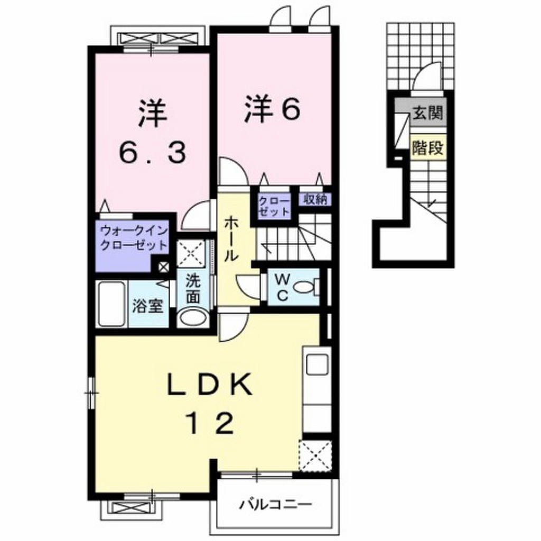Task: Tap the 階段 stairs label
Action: click(427, 148)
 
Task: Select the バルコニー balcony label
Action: click(274, 502)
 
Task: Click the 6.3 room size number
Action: click(152, 153)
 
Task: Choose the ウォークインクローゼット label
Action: click(134, 238)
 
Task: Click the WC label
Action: click(282, 286)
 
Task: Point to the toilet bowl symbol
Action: click(305, 287)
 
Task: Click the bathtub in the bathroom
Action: click(111, 305)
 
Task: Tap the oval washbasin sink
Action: click(192, 318)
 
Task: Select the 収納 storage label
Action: click(316, 199)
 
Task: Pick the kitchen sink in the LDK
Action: click(316, 364)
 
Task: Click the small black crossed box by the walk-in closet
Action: click(163, 267)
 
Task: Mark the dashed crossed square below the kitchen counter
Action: click(315, 454)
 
